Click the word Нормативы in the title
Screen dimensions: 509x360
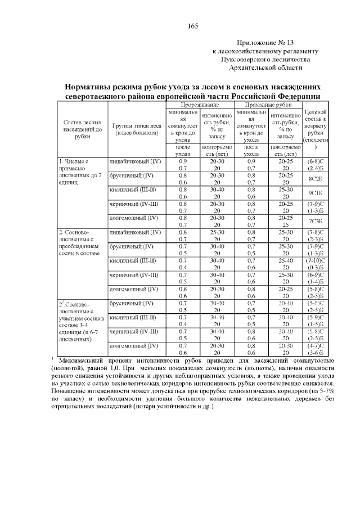point(88,88)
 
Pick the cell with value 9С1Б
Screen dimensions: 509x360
point(316,192)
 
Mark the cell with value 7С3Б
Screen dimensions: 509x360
point(316,220)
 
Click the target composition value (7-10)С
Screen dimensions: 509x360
point(316,260)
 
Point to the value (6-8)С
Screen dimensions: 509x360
point(316,161)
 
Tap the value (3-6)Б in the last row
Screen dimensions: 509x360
point(316,352)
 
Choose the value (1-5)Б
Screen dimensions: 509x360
point(316,324)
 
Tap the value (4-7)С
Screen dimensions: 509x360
point(316,345)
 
